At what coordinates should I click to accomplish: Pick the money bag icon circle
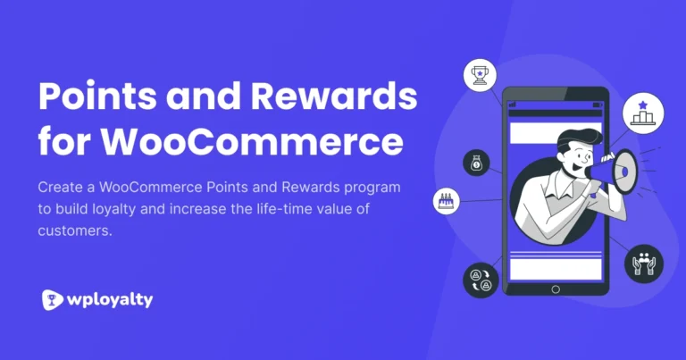click(475, 163)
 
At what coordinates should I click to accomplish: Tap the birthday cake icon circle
click(444, 201)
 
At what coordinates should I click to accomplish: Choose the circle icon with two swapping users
click(481, 280)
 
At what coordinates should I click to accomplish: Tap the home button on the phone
click(556, 289)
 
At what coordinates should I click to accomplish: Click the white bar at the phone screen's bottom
click(555, 269)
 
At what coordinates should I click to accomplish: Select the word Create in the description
click(61, 188)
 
